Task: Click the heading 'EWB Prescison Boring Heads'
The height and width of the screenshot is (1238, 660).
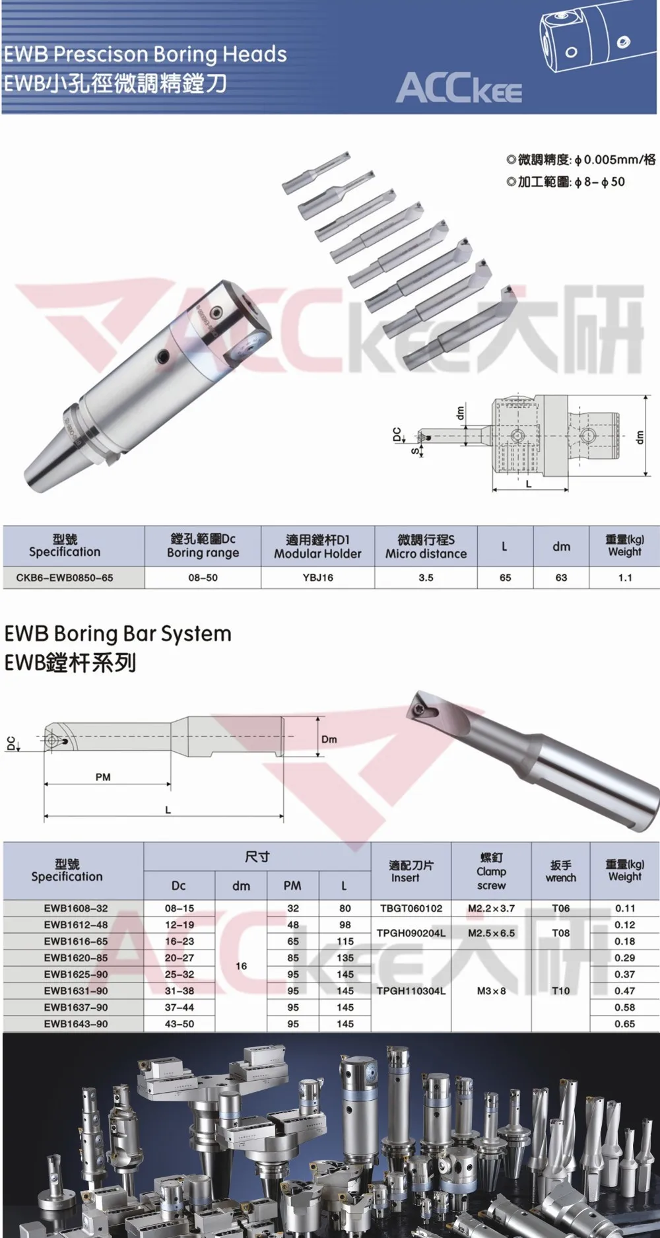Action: tap(145, 54)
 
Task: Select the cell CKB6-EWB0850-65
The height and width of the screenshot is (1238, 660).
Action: tap(65, 578)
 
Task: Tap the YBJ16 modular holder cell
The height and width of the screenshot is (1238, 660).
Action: tap(318, 578)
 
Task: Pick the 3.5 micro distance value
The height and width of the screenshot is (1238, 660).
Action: tap(426, 578)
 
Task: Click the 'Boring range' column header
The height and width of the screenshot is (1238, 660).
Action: tap(203, 553)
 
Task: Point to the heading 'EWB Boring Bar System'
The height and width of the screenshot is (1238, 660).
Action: tap(118, 634)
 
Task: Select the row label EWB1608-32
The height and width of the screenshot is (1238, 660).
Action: tap(76, 909)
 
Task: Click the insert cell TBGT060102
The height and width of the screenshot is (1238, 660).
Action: tap(411, 909)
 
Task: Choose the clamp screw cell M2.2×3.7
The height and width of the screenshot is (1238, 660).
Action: tap(491, 909)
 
